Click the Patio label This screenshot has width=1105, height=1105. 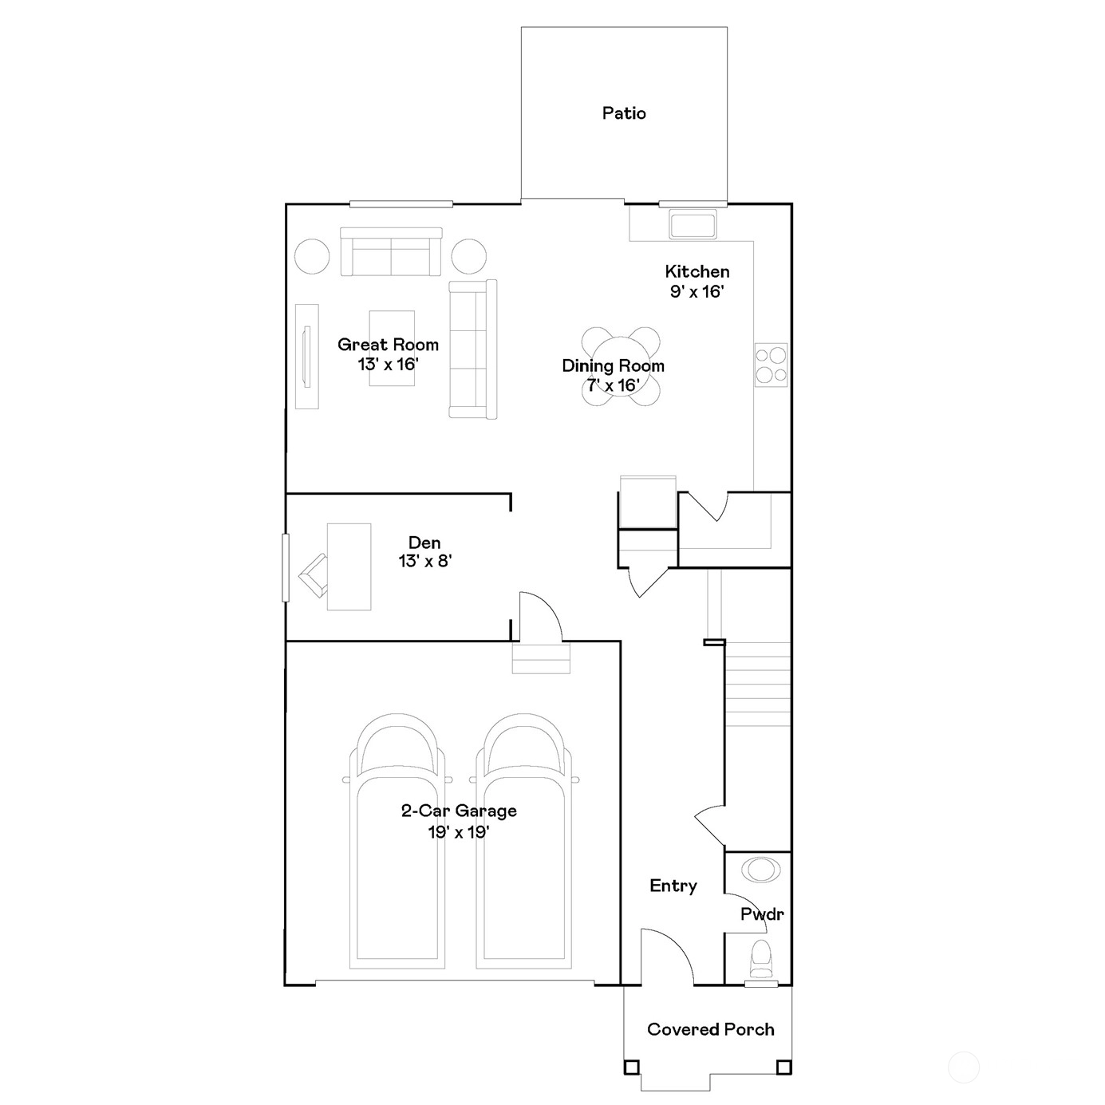(624, 113)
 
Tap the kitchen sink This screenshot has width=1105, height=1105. (693, 224)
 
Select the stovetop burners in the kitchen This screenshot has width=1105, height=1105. (771, 365)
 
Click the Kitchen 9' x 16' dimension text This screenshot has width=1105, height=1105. (697, 291)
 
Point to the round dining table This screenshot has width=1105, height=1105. (621, 367)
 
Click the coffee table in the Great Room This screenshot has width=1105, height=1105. (392, 348)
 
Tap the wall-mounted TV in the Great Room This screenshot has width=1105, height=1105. (307, 357)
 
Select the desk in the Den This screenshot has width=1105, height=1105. (349, 566)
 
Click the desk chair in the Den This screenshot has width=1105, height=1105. (313, 576)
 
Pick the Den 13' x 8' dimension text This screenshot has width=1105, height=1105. (425, 561)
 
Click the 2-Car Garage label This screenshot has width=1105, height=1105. (459, 811)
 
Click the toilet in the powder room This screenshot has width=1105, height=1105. (761, 958)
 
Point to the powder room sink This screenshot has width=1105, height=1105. (761, 870)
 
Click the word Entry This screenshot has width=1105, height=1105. (673, 886)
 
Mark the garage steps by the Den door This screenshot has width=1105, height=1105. (541, 657)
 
